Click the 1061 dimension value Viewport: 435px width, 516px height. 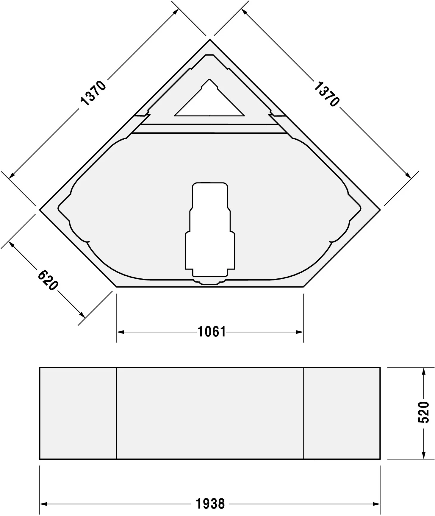[x=212, y=332]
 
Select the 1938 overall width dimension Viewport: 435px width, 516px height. [x=210, y=504]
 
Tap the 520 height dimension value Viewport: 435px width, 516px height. [x=423, y=412]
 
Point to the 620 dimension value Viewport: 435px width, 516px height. [x=48, y=280]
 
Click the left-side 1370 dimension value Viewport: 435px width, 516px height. [x=93, y=93]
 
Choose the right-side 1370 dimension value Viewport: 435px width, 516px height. [x=326, y=94]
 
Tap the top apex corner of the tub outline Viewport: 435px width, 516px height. [x=210, y=40]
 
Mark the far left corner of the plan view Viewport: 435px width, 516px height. [x=40, y=210]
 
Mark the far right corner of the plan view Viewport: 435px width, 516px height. [x=380, y=210]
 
